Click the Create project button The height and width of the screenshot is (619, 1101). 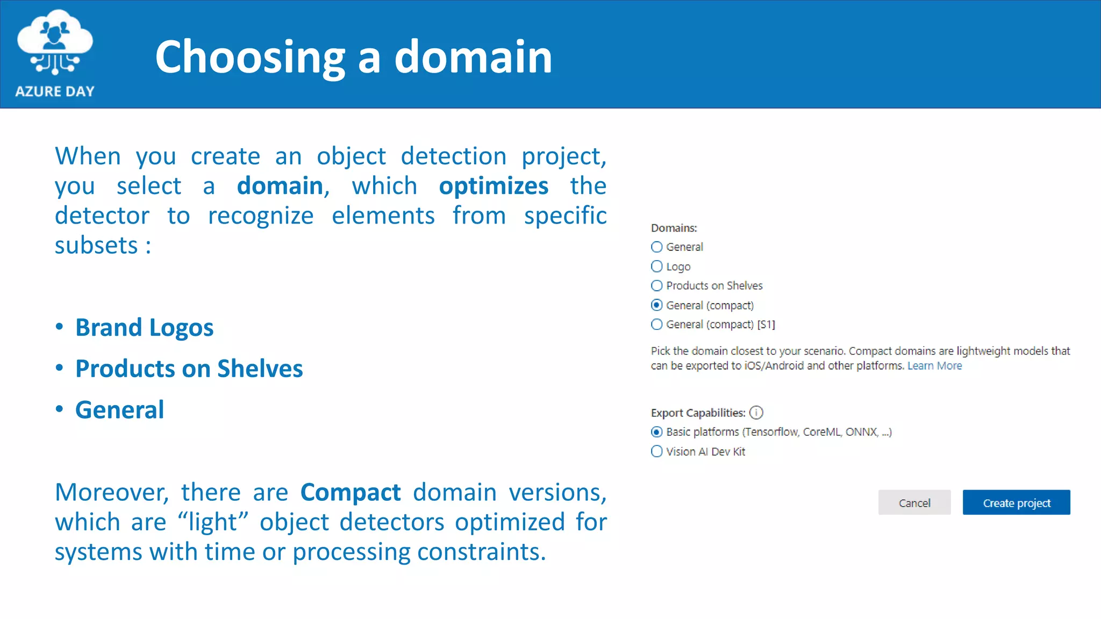tap(1016, 502)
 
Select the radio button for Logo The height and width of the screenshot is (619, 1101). tap(656, 267)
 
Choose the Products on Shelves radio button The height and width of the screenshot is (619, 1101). tap(656, 286)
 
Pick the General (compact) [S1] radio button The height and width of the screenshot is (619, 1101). tap(656, 325)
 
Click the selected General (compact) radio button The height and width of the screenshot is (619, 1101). tap(656, 305)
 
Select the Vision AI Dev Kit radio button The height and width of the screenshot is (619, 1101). tap(656, 451)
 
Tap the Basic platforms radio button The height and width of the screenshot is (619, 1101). tap(656, 432)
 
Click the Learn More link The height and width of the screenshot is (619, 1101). tap(934, 366)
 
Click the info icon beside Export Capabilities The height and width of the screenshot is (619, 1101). tap(756, 413)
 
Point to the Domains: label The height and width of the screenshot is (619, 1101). tap(674, 228)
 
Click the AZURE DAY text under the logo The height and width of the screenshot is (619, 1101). tap(55, 91)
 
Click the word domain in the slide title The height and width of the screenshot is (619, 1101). tap(473, 57)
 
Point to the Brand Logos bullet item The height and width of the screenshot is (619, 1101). tap(144, 328)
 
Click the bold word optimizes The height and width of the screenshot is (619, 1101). tap(494, 186)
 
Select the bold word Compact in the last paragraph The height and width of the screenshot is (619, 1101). tap(351, 492)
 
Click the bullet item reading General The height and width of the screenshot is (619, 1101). tap(119, 410)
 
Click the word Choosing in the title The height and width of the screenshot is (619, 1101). tap(250, 57)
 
